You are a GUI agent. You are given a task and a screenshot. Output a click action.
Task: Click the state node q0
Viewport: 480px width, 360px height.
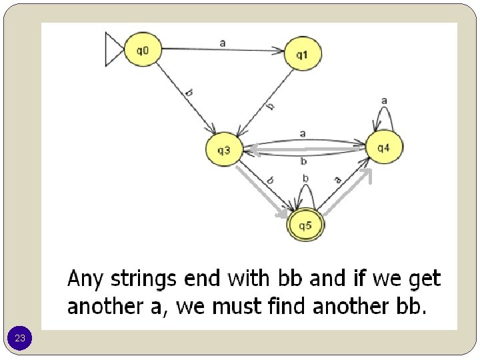[143, 50]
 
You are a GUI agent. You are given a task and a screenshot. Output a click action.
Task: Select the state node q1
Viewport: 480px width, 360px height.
[303, 54]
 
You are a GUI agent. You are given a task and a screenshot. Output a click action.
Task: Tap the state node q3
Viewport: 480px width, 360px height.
[224, 150]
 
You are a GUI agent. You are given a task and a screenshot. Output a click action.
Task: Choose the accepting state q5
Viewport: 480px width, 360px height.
[305, 226]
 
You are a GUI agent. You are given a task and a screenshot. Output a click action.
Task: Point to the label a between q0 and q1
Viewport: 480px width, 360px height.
[222, 42]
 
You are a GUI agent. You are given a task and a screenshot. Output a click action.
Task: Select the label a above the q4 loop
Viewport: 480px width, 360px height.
[384, 101]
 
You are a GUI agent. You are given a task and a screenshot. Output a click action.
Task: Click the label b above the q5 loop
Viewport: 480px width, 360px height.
[305, 178]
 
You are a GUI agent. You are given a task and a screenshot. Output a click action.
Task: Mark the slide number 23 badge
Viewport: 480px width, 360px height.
[20, 339]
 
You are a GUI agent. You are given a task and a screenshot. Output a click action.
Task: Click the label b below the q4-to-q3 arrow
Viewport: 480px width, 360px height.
[303, 161]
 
